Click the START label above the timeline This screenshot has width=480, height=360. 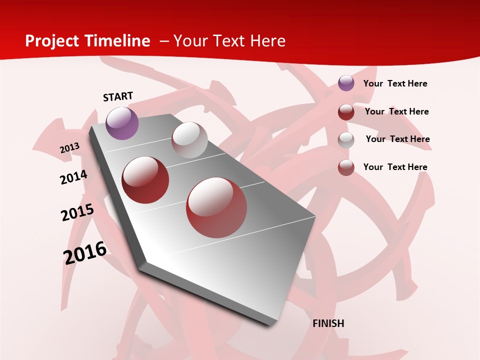coord(118,96)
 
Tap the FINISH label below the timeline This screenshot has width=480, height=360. coord(328,323)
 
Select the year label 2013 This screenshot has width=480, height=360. coord(69,148)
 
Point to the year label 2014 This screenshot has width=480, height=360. coord(73,177)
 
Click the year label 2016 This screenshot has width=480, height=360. coord(85,253)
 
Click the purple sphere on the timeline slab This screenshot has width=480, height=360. coord(122,123)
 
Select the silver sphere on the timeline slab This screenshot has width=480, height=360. coord(189,140)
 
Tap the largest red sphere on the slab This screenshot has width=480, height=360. coord(216,207)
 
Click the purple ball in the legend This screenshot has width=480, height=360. coord(346,83)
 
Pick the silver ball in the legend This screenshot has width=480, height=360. coord(346,139)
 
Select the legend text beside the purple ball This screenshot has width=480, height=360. coord(395,83)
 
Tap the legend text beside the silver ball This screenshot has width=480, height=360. coord(397,139)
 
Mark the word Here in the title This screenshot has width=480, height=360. coord(267,41)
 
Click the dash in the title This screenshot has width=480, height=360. coord(164,41)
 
